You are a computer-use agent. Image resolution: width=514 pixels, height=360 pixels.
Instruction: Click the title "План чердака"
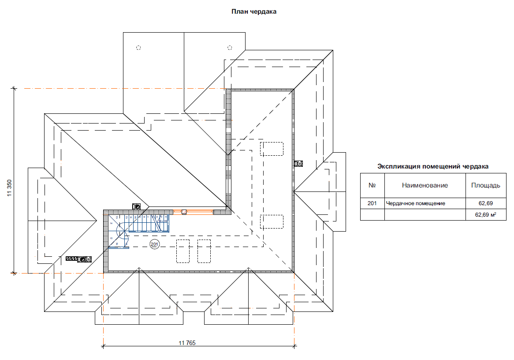(x=254, y=12)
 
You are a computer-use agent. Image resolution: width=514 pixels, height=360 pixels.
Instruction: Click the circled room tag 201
(x=154, y=244)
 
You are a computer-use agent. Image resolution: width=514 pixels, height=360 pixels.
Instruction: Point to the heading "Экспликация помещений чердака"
(x=433, y=166)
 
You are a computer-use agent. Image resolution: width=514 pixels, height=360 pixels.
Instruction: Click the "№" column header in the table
(x=372, y=185)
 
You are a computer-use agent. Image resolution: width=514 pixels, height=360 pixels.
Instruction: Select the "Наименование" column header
(x=425, y=185)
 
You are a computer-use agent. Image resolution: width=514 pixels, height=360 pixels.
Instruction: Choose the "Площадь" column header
(x=485, y=185)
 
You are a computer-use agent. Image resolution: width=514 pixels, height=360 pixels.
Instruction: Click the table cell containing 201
(x=372, y=203)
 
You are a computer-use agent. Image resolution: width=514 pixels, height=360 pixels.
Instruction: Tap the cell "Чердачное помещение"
(x=415, y=203)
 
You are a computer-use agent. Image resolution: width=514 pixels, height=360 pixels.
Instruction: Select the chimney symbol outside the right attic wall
(x=299, y=163)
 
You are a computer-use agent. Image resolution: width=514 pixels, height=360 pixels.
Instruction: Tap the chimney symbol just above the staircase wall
(x=137, y=206)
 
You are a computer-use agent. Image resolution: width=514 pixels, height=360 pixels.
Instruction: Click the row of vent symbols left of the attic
(x=78, y=259)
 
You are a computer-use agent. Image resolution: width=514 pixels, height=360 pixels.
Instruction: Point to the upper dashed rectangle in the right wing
(x=272, y=149)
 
